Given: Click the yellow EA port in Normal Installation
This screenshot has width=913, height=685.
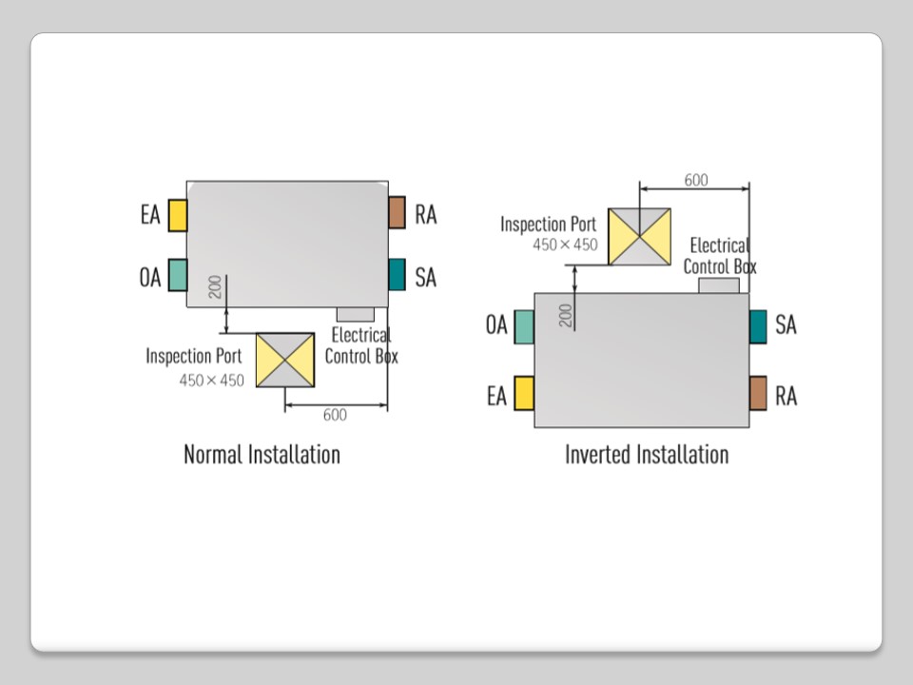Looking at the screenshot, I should pyautogui.click(x=177, y=215).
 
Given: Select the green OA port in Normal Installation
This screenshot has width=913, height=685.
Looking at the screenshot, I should pyautogui.click(x=177, y=275).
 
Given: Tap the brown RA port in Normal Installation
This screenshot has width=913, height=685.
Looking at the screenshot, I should pyautogui.click(x=397, y=212).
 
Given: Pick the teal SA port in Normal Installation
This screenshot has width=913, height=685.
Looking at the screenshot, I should pyautogui.click(x=397, y=274).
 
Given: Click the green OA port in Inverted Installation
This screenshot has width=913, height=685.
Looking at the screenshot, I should pyautogui.click(x=523, y=326).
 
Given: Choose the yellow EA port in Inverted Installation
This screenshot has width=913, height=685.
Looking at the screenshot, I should pyautogui.click(x=523, y=393).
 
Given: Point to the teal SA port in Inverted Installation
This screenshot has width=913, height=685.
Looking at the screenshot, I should pyautogui.click(x=758, y=326).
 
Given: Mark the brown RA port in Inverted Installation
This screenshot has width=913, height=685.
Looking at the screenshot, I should pyautogui.click(x=758, y=393).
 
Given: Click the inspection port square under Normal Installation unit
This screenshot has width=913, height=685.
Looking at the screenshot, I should pyautogui.click(x=285, y=360).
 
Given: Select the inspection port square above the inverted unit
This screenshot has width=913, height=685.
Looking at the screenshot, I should pyautogui.click(x=639, y=236).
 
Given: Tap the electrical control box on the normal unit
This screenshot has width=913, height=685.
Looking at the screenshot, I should pyautogui.click(x=355, y=314).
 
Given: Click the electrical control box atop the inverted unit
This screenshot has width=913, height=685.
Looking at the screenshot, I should pyautogui.click(x=719, y=285).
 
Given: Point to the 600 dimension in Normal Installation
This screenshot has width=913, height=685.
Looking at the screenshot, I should pyautogui.click(x=335, y=415).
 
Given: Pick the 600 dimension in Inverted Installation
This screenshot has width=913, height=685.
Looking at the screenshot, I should pyautogui.click(x=696, y=180).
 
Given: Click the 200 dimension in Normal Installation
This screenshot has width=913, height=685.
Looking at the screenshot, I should pyautogui.click(x=215, y=285).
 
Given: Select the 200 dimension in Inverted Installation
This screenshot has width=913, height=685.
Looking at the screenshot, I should pyautogui.click(x=566, y=315).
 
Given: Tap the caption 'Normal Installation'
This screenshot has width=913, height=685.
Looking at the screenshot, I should pyautogui.click(x=262, y=454).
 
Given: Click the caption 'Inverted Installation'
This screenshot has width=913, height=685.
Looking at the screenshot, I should pyautogui.click(x=647, y=454).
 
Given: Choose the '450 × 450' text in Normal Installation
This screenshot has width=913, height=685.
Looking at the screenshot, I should pyautogui.click(x=212, y=380).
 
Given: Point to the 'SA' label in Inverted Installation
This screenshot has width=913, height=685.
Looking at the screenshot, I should pyautogui.click(x=786, y=324).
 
